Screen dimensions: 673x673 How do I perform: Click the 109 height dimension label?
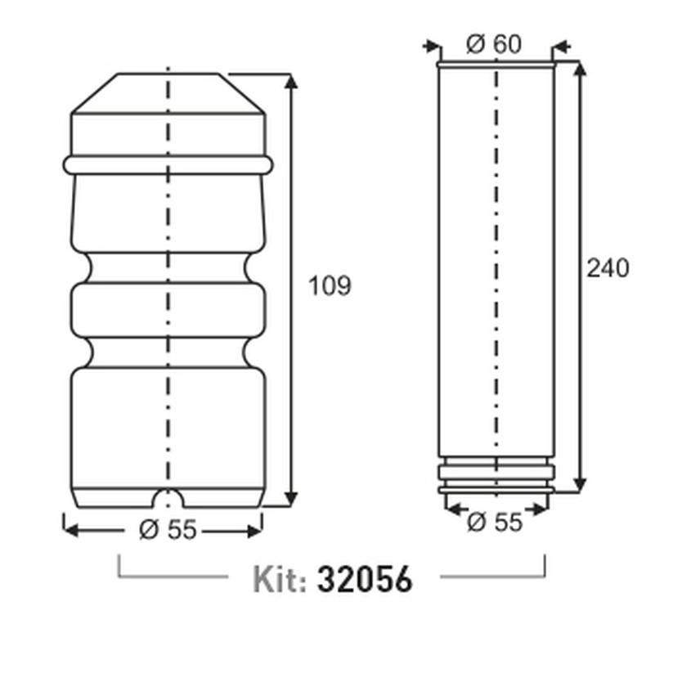coord(330,285)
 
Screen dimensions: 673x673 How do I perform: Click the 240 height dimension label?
coord(608,268)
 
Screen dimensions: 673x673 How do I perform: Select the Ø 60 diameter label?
coord(494,44)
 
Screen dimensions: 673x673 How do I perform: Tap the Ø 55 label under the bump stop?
coord(168,529)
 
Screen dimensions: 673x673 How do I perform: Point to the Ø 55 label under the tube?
coord(495,523)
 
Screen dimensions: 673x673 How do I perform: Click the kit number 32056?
coord(365,579)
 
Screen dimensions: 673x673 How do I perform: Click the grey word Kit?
coord(280,580)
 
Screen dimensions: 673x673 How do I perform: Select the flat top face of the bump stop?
coord(168,74)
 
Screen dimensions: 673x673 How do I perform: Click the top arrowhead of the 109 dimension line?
coord(291,81)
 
